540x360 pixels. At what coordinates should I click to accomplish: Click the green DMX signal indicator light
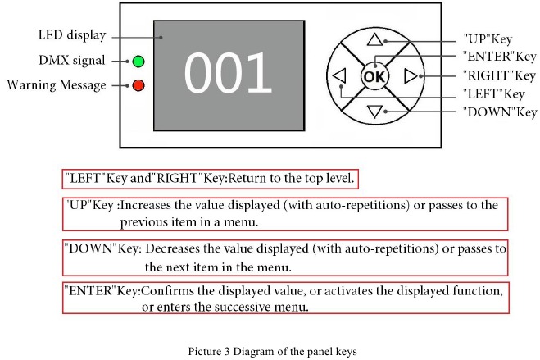(138, 62)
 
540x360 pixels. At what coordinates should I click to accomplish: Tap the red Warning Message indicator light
(138, 85)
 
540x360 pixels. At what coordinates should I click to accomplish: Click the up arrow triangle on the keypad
(375, 39)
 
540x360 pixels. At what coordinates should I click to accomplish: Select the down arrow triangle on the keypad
(375, 112)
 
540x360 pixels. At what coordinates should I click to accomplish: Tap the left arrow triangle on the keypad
(339, 75)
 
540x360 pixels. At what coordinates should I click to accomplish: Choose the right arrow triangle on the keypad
(411, 75)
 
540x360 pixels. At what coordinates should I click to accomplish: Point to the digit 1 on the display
(260, 72)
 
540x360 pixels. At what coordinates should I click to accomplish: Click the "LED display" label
(72, 35)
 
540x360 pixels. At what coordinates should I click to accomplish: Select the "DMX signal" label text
(71, 61)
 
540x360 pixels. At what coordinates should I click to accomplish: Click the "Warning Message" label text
(57, 85)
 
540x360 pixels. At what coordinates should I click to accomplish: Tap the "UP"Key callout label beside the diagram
(488, 39)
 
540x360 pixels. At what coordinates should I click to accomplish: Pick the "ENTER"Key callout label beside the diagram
(499, 57)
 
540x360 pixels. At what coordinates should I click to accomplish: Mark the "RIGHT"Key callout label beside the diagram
(499, 75)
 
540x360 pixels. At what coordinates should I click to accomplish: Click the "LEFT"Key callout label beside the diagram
(494, 93)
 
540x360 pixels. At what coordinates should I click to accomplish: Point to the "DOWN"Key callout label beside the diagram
(500, 112)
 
